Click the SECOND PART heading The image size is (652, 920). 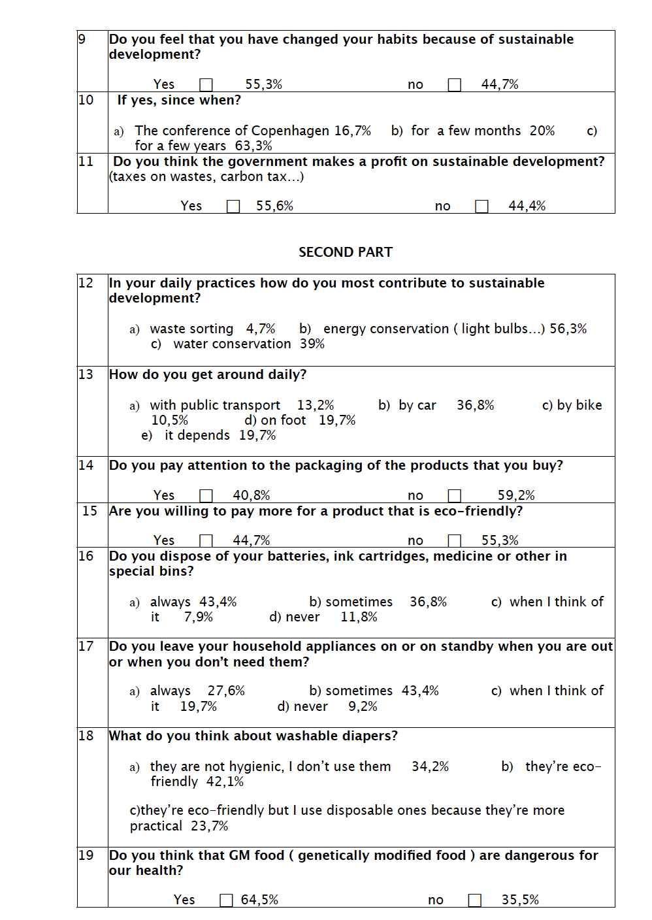point(345,252)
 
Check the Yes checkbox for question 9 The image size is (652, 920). point(206,85)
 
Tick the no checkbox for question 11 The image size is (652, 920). point(481,206)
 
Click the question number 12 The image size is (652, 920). point(86,283)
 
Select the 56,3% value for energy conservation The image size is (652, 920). point(568,329)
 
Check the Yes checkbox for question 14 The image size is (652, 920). point(206,496)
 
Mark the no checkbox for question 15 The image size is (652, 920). point(455,541)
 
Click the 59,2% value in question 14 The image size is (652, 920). point(516,496)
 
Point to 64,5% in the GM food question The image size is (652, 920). point(259,900)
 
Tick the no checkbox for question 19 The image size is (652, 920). point(475,900)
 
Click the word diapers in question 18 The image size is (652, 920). point(367,736)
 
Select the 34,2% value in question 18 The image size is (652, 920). point(430,766)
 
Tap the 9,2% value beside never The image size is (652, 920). point(363,706)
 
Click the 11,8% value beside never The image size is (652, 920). point(359,617)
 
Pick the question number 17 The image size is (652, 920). point(86,646)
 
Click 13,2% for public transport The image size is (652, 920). point(316,405)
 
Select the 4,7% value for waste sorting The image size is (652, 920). point(260,329)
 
